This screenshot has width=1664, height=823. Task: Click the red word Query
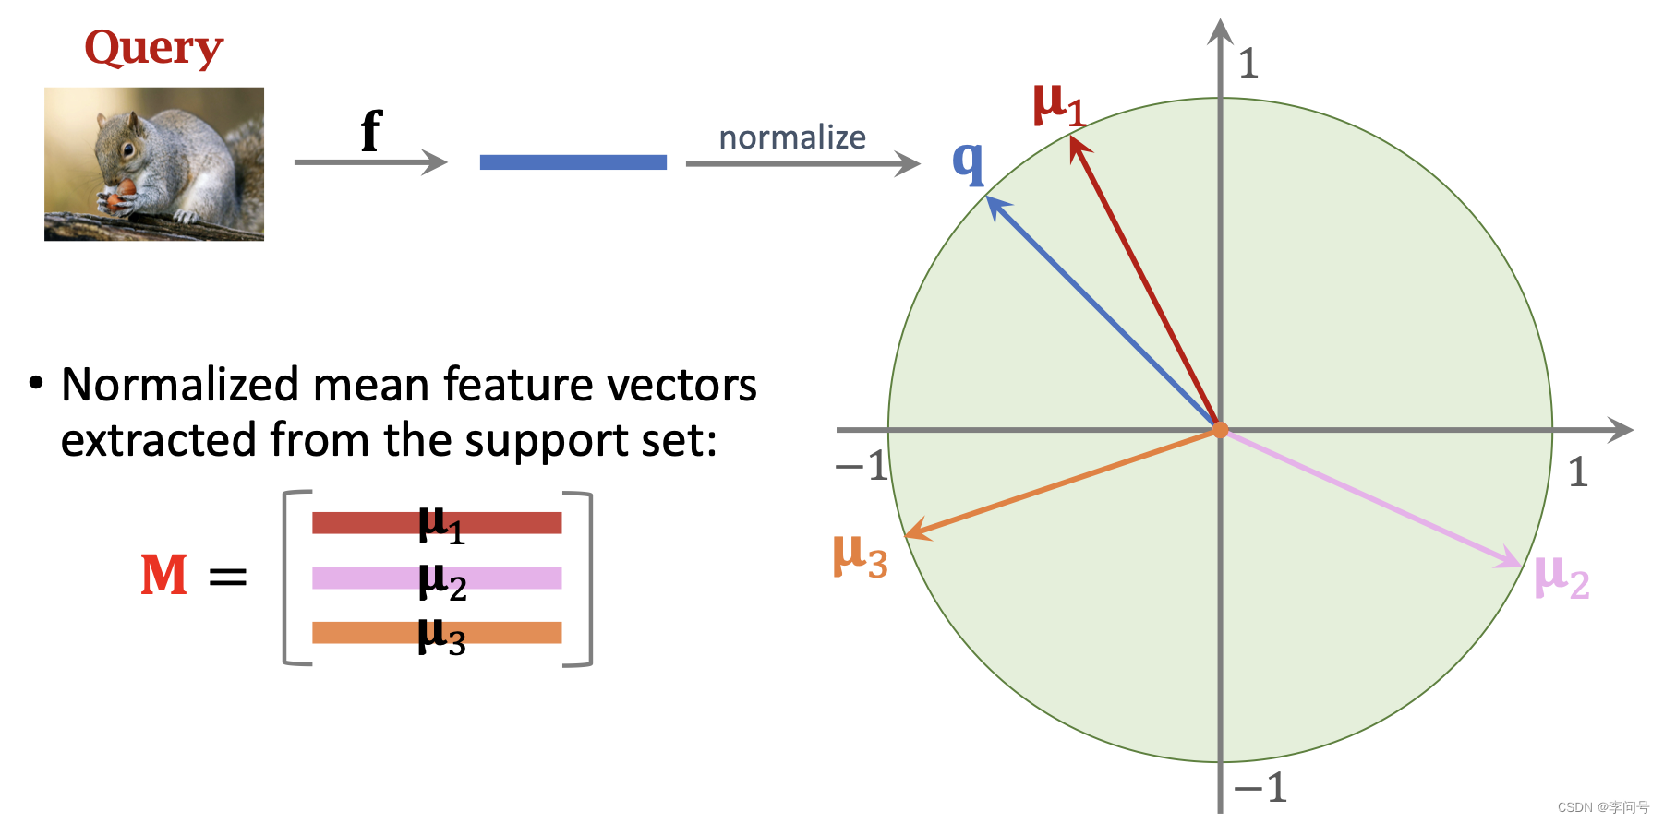[x=154, y=48]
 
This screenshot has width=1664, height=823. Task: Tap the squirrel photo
[x=154, y=164]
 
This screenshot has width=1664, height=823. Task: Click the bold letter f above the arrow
[x=370, y=131]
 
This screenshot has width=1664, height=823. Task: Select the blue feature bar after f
[x=573, y=162]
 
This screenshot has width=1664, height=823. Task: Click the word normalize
[x=792, y=137]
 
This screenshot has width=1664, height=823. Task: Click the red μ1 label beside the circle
[x=1058, y=103]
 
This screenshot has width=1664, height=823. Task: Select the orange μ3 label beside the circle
[x=860, y=555]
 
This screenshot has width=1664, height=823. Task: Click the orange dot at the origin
[x=1220, y=430]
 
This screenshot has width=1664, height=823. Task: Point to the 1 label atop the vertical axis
[x=1248, y=64]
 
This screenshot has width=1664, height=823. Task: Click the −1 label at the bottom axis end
[x=1260, y=788]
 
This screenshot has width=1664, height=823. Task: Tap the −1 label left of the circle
[x=862, y=466]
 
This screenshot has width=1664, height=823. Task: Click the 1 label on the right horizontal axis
[x=1578, y=472]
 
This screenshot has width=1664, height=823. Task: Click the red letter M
[x=164, y=575]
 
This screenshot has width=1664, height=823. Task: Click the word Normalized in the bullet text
[x=180, y=385]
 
